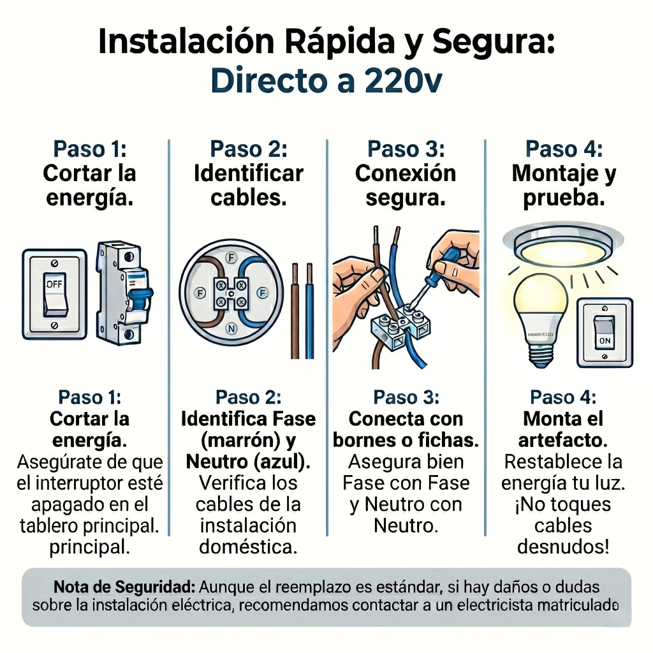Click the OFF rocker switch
55,294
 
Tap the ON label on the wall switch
605,341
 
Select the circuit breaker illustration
124,293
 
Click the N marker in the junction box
231,328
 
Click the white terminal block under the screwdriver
400,327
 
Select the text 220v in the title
403,81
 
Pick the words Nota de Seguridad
124,587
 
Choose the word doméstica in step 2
248,547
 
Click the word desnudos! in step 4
563,547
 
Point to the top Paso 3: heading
406,149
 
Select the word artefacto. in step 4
563,440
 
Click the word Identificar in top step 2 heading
249,173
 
